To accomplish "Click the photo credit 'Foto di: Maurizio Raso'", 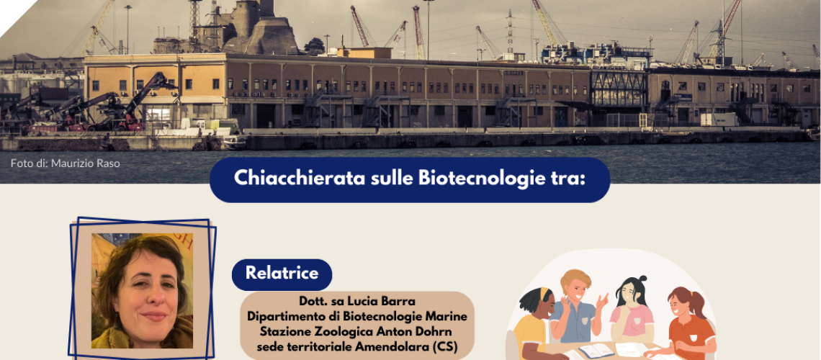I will (x=65, y=163).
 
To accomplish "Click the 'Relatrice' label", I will (x=282, y=274).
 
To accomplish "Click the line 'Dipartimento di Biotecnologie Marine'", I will (x=356, y=317).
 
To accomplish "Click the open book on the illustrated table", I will (x=596, y=351).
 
